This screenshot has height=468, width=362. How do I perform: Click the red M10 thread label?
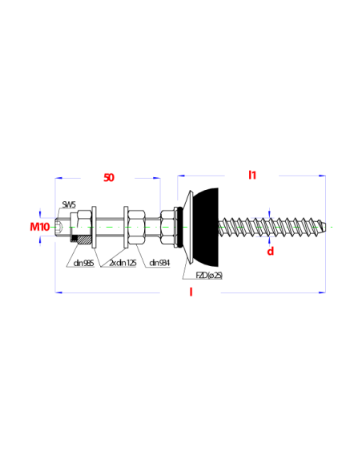tap(40, 227)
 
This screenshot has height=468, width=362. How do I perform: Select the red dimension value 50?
tap(109, 178)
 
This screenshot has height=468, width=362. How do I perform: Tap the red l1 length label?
tap(252, 175)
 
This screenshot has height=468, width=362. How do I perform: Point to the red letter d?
tap(270, 252)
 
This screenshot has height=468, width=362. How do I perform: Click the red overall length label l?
tap(191, 292)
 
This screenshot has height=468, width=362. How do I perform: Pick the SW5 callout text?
tap(69, 205)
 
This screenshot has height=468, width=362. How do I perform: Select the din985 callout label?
tap(83, 263)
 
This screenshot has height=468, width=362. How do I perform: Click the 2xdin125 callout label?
tap(123, 263)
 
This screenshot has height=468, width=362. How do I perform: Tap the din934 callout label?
tap(159, 263)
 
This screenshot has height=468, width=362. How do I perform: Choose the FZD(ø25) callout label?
tap(209, 276)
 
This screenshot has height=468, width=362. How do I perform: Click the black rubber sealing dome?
tap(207, 227)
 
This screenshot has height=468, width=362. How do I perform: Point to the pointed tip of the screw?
tap(324, 227)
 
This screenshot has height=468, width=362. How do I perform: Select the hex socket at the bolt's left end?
tap(58, 227)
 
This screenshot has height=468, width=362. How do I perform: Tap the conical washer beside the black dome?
tap(188, 227)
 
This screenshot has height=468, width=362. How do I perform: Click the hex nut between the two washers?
tap(137, 227)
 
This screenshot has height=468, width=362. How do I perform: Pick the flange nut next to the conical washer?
tap(167, 227)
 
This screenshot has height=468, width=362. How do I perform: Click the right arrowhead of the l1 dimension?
tap(322, 175)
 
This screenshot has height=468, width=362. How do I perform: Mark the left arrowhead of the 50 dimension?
tap(58, 178)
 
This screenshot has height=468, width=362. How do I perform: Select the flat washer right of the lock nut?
tap(94, 227)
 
